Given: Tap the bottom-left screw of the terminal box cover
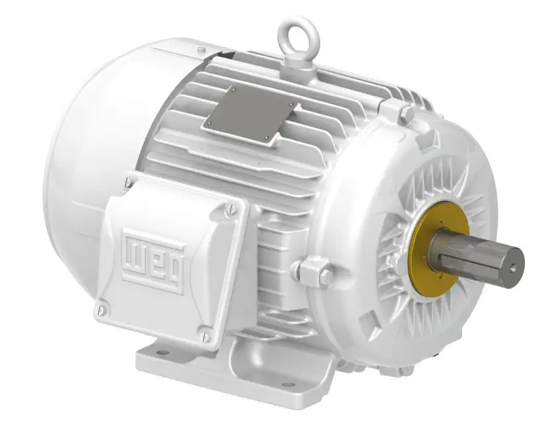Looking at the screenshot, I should coord(102,306).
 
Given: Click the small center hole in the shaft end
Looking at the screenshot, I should coord(514,266).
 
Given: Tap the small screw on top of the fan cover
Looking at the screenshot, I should coord(201,50).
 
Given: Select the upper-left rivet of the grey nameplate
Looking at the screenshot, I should coord(233,89).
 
